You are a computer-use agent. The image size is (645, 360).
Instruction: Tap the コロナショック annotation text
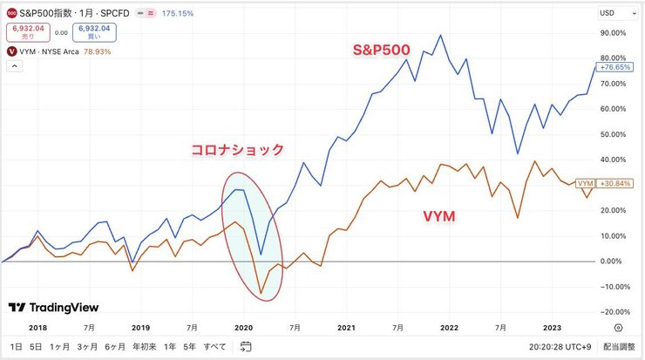[x=238, y=149]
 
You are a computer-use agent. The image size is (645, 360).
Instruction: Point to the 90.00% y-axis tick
[x=614, y=33]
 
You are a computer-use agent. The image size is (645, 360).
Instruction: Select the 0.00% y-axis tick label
[x=614, y=261]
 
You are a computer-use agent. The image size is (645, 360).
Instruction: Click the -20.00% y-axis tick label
[x=613, y=311]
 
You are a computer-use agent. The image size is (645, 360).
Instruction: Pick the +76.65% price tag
[x=613, y=67]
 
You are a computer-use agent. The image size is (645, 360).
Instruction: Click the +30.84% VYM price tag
[x=613, y=183]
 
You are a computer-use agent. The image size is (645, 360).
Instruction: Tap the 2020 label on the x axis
[x=243, y=328]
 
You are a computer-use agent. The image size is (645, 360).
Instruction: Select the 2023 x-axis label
[x=553, y=328]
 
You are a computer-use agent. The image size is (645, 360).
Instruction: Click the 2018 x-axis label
[x=37, y=328]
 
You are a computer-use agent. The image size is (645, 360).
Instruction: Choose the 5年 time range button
[x=190, y=347]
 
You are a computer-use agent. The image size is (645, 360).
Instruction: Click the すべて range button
[x=215, y=347]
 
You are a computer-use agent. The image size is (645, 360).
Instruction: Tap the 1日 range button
[x=15, y=347]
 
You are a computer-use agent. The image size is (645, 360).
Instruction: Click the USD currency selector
[x=611, y=12]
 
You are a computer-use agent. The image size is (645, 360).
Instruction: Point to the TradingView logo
[x=53, y=308]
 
